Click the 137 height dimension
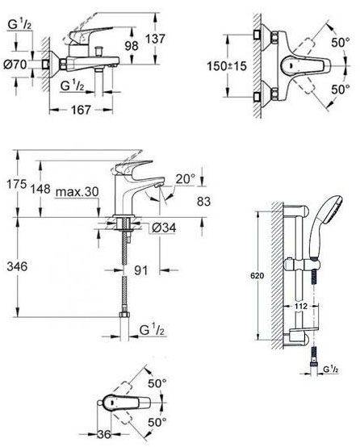coord(156,39)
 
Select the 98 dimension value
coord(132,46)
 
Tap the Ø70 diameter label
coord(15,65)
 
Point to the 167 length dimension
coord(81,110)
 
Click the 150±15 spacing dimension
coord(227,66)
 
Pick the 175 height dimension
coord(17,184)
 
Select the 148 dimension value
coord(41,189)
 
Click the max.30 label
coord(77,192)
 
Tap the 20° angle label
coord(185,179)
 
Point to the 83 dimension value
coord(203,202)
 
